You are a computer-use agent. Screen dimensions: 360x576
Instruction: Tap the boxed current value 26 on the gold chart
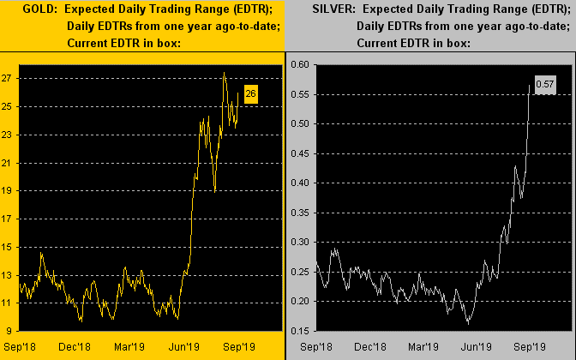[x=250, y=94]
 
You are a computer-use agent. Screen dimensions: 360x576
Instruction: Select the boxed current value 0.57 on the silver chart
[x=545, y=84]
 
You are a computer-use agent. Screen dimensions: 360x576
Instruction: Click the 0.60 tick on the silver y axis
[x=300, y=64]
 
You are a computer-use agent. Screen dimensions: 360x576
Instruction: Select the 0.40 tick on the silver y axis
[x=300, y=183]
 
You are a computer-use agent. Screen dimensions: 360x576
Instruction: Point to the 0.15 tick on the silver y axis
[x=300, y=330]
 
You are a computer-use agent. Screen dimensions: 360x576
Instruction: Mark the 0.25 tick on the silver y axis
[x=300, y=271]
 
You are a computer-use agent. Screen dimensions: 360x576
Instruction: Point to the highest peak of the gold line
[x=224, y=73]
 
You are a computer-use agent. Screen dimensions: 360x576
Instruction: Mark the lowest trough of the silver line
[x=468, y=323]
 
